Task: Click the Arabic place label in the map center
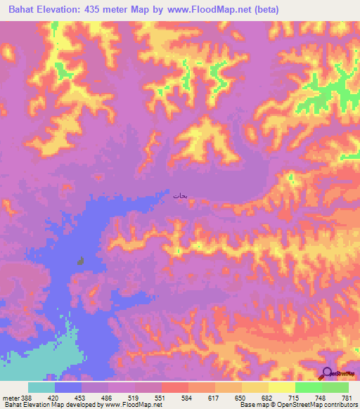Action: (x=179, y=196)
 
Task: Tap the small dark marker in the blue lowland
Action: (x=81, y=261)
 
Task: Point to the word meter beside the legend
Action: (x=9, y=397)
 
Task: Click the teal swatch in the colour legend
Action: (x=41, y=387)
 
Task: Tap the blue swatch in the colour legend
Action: (x=68, y=387)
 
